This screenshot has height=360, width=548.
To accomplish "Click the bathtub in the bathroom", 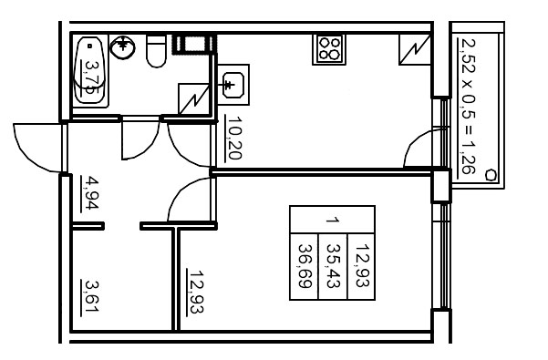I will (x=91, y=71).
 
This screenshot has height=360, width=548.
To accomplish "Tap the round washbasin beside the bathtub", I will (x=121, y=46).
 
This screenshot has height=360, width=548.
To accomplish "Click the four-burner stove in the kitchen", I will (x=329, y=48).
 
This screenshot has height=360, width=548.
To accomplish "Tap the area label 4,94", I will (x=90, y=193).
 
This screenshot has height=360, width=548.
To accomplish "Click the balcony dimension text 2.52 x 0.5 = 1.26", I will (x=467, y=106).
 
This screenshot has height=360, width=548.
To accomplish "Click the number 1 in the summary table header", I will (x=333, y=220).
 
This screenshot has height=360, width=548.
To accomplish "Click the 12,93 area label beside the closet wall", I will (x=194, y=292).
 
